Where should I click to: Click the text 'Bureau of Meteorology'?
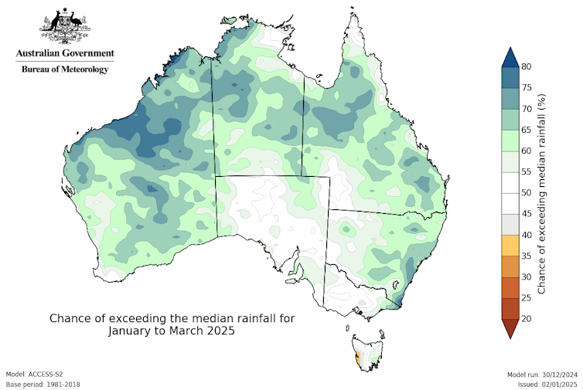coord(65,69)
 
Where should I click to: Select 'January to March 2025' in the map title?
coord(172,331)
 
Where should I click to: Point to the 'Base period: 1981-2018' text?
coord(43,384)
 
